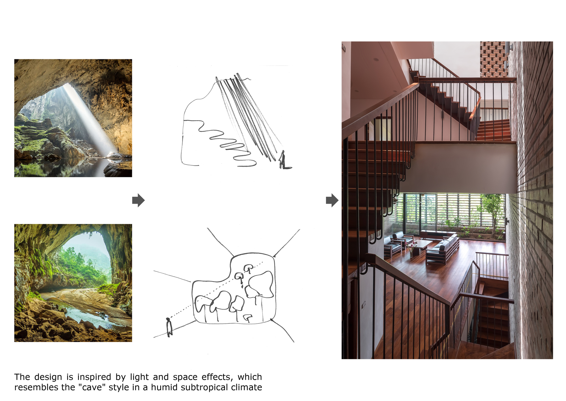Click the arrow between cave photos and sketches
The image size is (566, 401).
click(138, 200)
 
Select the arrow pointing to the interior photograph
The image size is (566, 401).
click(332, 200)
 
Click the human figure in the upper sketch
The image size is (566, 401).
click(282, 160)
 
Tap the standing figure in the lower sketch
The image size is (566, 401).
click(169, 328)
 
